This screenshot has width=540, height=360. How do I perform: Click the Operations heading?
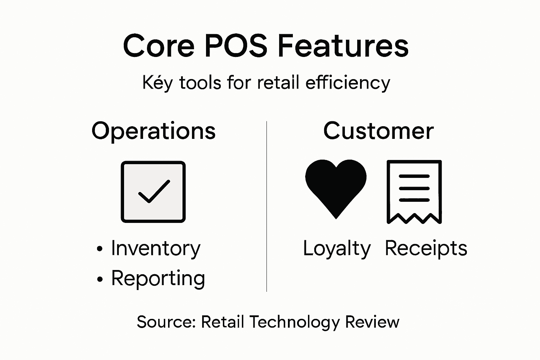[153, 131]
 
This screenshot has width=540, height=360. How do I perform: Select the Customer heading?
[378, 131]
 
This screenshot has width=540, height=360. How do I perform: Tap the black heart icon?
[336, 186]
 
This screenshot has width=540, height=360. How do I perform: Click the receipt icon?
[414, 192]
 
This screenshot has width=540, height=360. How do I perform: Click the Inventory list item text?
[156, 249]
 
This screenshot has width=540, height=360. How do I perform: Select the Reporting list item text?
[158, 279]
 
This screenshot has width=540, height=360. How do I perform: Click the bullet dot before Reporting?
[100, 279]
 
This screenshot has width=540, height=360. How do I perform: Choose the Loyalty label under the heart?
[336, 249]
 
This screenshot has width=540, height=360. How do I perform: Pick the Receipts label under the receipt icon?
[426, 249]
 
